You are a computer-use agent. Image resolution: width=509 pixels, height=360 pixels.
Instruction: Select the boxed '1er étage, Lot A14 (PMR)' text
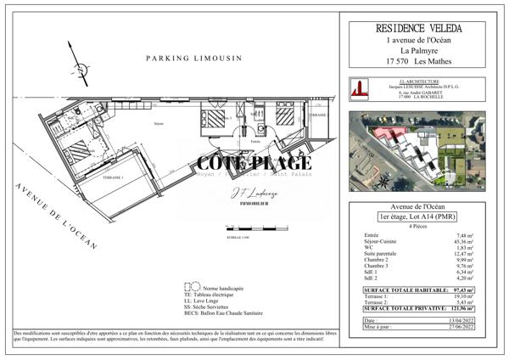pyautogui.click(x=422, y=218)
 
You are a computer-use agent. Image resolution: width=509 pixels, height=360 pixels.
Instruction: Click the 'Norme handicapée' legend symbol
pyautogui.click(x=189, y=289)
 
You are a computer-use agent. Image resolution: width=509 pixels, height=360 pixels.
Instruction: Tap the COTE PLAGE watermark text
pyautogui.click(x=255, y=163)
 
